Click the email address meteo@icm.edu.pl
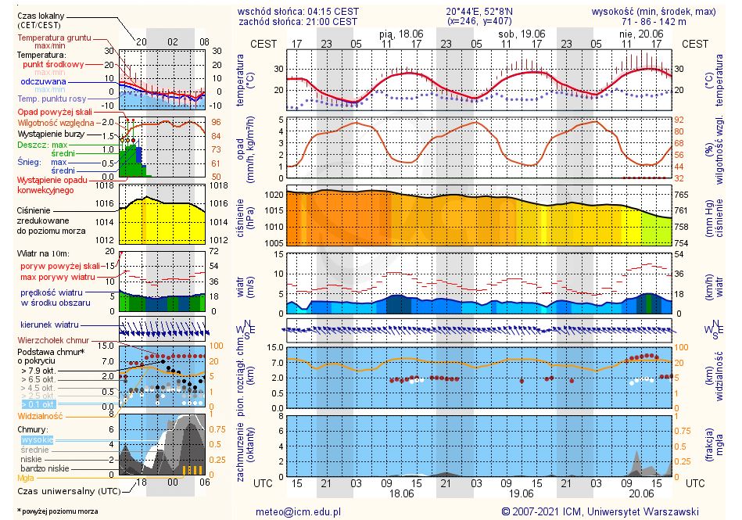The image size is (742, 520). click(299, 511)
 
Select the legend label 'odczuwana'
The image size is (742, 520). click(45, 81)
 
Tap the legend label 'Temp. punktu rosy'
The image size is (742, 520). click(52, 99)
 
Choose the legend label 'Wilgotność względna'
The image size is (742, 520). click(56, 123)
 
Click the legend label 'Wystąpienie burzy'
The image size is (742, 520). click(53, 134)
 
